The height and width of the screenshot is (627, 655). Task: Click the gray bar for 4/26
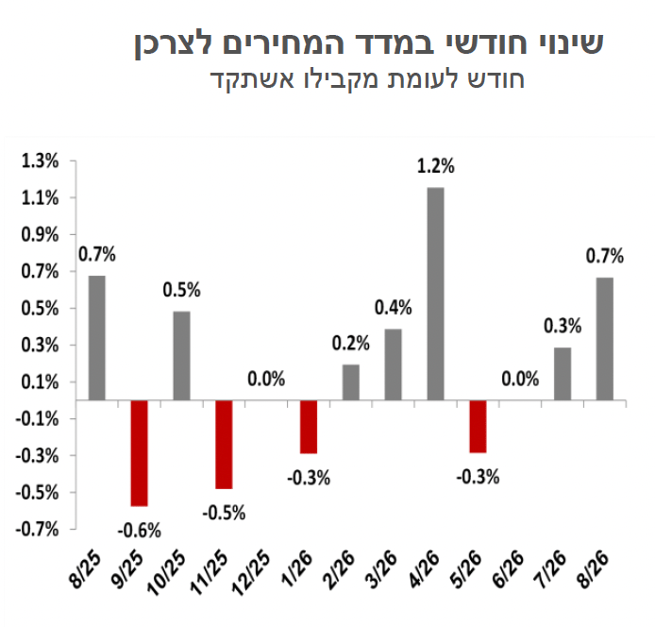(435, 294)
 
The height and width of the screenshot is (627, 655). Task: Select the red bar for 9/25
(139, 453)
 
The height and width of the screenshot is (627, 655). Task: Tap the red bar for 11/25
(224, 445)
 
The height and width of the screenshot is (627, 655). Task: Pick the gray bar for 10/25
(182, 356)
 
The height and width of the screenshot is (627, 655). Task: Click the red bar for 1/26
(309, 427)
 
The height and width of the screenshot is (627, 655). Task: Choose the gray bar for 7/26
(563, 374)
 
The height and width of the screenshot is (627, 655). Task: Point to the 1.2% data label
(436, 166)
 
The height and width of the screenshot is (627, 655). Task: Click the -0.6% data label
(140, 531)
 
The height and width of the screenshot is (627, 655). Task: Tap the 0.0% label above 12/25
(266, 379)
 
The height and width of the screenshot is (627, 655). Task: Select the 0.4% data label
(393, 308)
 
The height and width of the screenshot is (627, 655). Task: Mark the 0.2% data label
(351, 343)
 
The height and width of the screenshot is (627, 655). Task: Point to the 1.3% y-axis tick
(40, 161)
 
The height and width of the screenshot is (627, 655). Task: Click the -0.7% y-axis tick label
(37, 529)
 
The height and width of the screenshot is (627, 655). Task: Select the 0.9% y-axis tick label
(40, 234)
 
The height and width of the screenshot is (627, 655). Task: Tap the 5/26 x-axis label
(466, 569)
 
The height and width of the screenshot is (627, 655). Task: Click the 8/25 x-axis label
(86, 569)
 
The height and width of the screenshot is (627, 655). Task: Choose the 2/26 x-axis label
(340, 569)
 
